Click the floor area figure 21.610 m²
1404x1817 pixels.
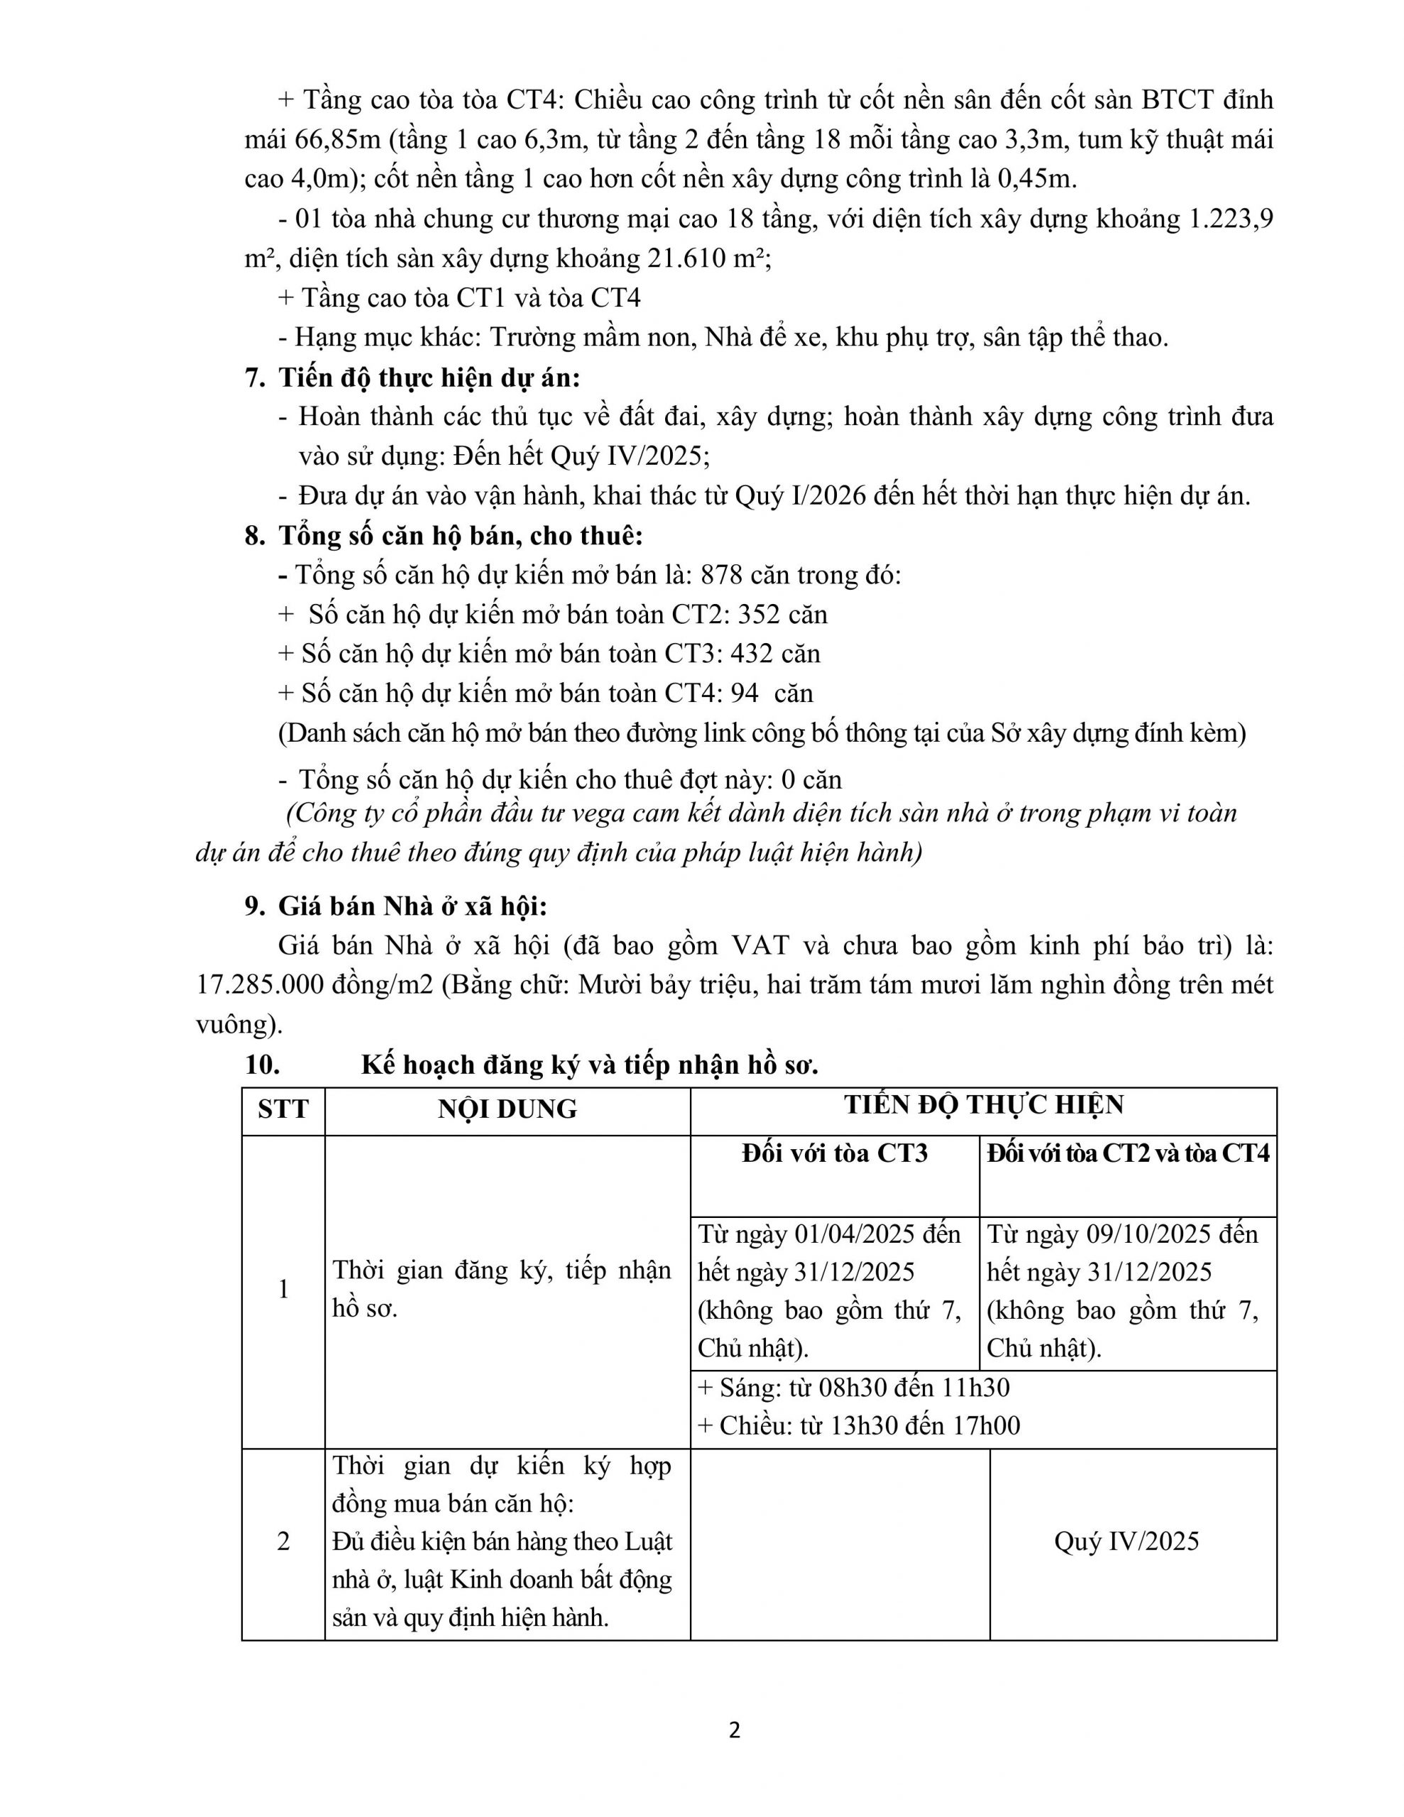708,259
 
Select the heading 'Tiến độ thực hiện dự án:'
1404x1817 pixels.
429,378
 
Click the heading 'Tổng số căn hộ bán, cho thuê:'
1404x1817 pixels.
460,536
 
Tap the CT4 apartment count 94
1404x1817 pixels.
744,693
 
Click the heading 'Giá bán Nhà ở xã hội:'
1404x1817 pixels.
413,906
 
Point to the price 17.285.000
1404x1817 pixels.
260,985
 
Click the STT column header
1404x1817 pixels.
283,1109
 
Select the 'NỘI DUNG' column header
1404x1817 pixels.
507,1109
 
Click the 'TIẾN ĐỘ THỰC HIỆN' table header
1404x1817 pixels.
984,1105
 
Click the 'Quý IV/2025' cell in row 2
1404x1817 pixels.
1126,1542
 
